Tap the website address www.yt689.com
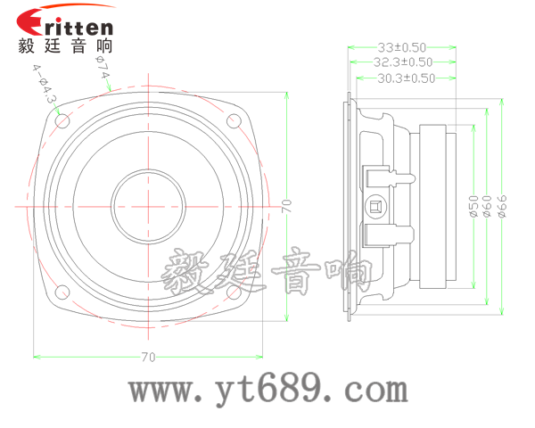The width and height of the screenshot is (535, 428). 267,390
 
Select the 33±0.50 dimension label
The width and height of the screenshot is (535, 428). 400,46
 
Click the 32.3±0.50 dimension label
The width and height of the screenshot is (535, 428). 403,62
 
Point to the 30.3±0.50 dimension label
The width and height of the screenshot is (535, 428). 406,78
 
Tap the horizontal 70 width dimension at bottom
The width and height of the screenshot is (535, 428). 148,358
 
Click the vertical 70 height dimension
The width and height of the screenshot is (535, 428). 286,206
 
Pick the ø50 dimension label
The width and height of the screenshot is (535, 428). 473,207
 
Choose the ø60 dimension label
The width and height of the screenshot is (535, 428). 487,207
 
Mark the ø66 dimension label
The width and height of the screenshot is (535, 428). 502,207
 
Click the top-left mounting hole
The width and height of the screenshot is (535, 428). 62,120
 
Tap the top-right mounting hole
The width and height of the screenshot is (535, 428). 235,120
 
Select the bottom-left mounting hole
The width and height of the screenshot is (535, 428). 62,292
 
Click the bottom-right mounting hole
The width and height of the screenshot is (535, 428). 235,292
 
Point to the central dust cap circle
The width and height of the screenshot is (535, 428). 149,206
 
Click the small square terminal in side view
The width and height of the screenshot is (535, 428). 376,207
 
